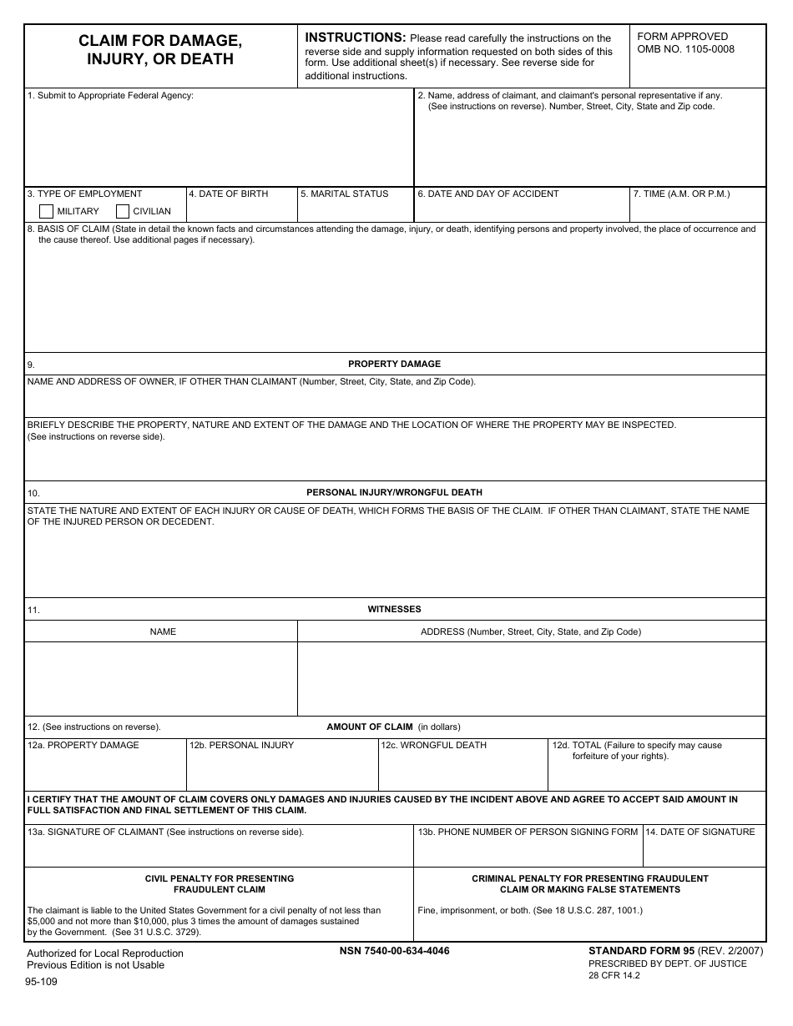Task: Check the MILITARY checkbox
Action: pyautogui.click(x=47, y=211)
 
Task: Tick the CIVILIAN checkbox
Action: pyautogui.click(x=123, y=211)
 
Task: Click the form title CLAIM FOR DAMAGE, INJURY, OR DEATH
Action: pyautogui.click(x=161, y=50)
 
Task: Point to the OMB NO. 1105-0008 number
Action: pyautogui.click(x=685, y=49)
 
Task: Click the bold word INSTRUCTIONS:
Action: pyautogui.click(x=356, y=38)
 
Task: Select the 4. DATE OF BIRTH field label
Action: pyautogui.click(x=229, y=194)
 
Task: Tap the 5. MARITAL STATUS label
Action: pyautogui.click(x=344, y=194)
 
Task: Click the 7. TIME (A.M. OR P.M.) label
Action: pyautogui.click(x=681, y=194)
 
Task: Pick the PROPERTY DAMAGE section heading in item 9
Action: pyautogui.click(x=394, y=364)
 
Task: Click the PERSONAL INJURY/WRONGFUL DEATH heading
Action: pyautogui.click(x=394, y=492)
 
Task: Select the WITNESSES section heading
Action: pyautogui.click(x=394, y=609)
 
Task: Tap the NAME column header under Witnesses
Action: pyautogui.click(x=163, y=631)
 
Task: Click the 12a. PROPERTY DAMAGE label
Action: pyautogui.click(x=83, y=745)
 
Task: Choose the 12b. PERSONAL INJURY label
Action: pyautogui.click(x=241, y=745)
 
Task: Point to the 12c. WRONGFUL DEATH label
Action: pyautogui.click(x=433, y=745)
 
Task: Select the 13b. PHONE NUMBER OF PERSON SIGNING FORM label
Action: pyautogui.click(x=528, y=832)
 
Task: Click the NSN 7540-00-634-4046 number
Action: pyautogui.click(x=394, y=951)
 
